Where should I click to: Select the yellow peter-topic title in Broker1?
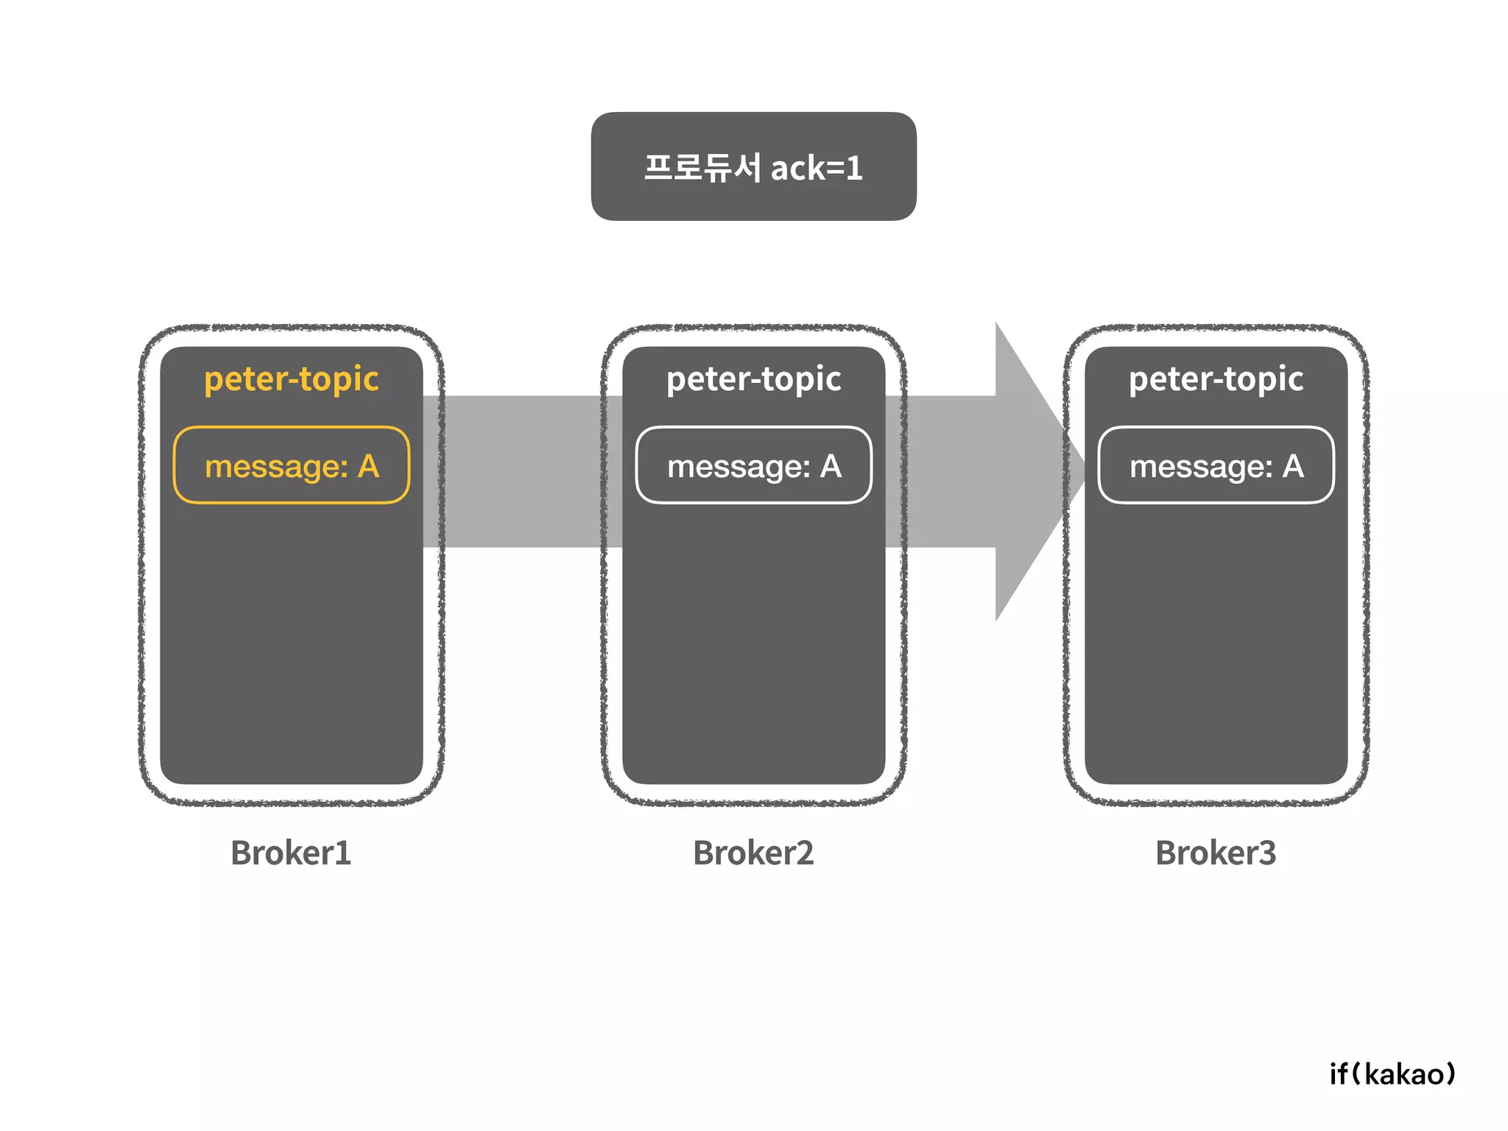point(292,379)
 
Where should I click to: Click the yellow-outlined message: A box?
point(292,466)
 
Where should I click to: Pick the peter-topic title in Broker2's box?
point(753,379)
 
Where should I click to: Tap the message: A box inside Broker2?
point(753,466)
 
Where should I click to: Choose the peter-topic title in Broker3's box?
point(1216,379)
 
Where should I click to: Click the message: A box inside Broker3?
point(1216,466)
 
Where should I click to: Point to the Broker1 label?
point(291,853)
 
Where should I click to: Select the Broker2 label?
point(753,853)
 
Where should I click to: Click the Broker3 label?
point(1216,853)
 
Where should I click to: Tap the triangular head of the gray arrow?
point(1031,471)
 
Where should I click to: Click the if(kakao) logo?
point(1392,1074)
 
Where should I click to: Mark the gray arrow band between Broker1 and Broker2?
point(523,471)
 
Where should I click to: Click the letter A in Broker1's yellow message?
point(368,467)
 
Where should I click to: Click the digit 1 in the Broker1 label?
point(343,853)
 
